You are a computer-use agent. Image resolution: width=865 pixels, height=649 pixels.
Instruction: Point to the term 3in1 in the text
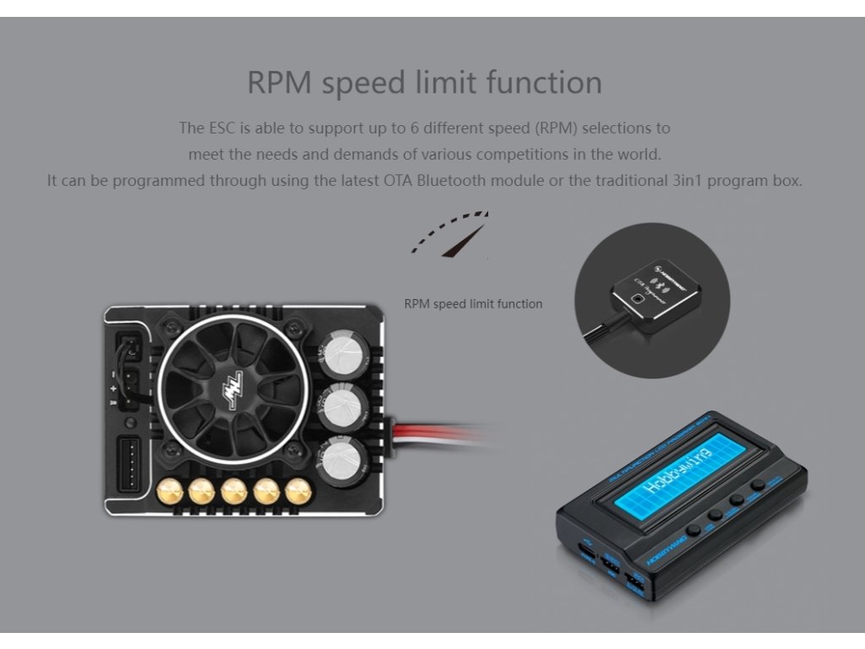(664, 181)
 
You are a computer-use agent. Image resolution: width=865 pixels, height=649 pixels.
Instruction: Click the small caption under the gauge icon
(473, 303)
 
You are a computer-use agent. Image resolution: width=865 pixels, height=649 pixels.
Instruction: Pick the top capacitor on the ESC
(341, 348)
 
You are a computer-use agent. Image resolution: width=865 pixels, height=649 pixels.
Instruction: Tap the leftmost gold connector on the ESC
(171, 491)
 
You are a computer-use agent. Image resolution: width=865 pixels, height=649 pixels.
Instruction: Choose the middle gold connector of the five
(233, 491)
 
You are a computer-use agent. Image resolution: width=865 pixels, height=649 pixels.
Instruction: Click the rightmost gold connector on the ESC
(296, 491)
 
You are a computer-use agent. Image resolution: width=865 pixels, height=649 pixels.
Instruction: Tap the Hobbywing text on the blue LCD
(677, 470)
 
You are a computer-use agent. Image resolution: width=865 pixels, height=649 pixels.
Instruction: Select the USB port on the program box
(583, 554)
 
